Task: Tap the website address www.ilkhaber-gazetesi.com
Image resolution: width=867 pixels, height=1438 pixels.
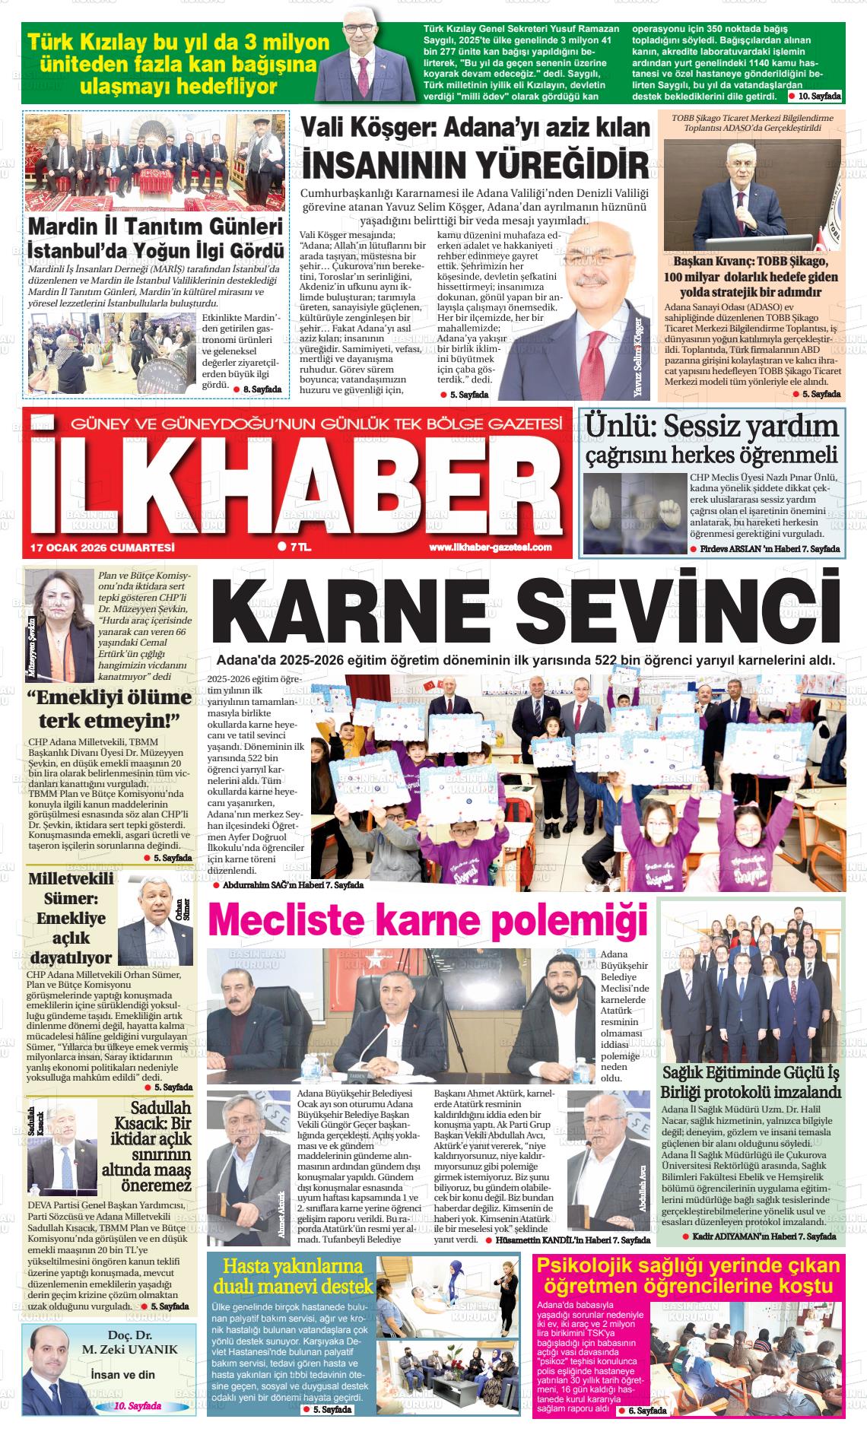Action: (491, 548)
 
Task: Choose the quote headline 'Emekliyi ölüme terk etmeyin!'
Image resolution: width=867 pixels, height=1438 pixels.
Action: (109, 709)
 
